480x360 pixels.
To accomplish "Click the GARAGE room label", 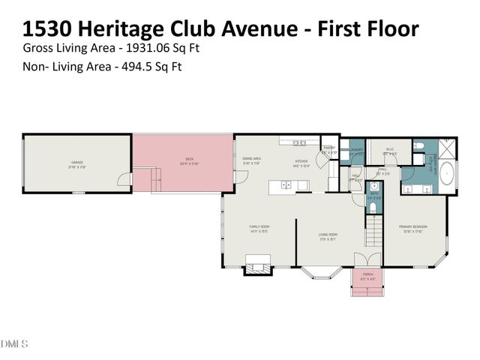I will coord(76,162).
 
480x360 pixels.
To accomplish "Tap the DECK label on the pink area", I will coord(189,159).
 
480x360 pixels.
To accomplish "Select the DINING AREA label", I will coord(250,160).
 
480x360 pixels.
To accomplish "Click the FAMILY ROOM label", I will coord(259,228).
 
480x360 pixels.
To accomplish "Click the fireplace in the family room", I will coord(256,264).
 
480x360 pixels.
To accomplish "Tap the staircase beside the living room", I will coord(373,224).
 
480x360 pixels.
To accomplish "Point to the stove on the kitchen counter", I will coord(299,142).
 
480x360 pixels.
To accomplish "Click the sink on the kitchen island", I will coord(286,184).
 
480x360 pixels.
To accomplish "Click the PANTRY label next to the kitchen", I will coord(328,149).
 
